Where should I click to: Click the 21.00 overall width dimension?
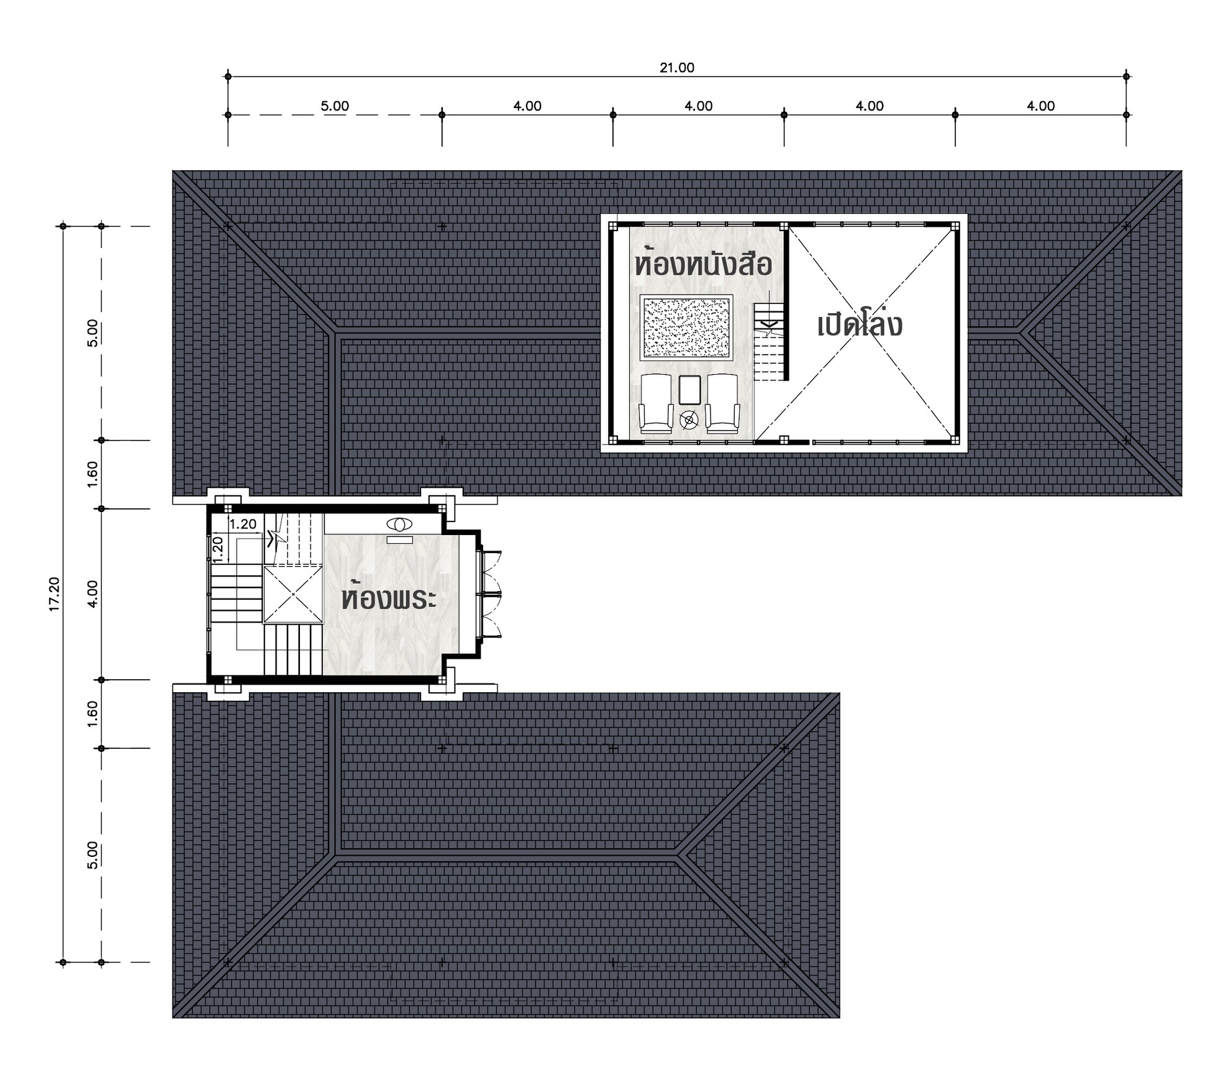pyautogui.click(x=676, y=67)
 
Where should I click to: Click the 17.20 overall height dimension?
pyautogui.click(x=54, y=594)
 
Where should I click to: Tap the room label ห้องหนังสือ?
pyautogui.click(x=703, y=264)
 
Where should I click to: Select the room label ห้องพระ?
pyautogui.click(x=389, y=598)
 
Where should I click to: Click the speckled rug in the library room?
pyautogui.click(x=686, y=327)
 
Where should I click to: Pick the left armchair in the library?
pyautogui.click(x=656, y=403)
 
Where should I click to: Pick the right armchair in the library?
pyautogui.click(x=723, y=403)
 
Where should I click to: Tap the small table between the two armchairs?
pyautogui.click(x=689, y=390)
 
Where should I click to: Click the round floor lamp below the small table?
pyautogui.click(x=689, y=421)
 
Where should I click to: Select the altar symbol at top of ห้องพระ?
pyautogui.click(x=399, y=524)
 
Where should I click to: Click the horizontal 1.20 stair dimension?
pyautogui.click(x=242, y=524)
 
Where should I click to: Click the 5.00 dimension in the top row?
pyautogui.click(x=335, y=106)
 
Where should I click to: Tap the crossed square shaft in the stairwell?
pyautogui.click(x=293, y=594)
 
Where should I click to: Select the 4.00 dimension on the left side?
pyautogui.click(x=92, y=594)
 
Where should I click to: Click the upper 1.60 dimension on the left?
pyautogui.click(x=92, y=474)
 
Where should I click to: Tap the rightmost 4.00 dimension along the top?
pyautogui.click(x=1040, y=106)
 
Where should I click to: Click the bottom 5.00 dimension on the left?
pyautogui.click(x=92, y=854)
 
